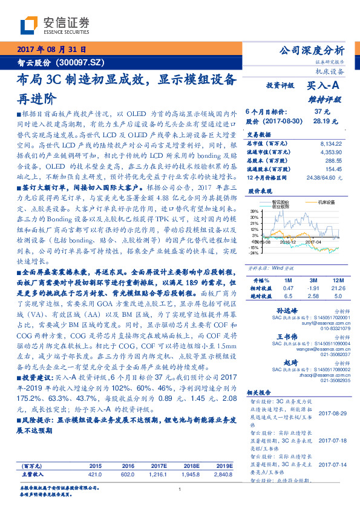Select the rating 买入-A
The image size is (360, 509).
click(x=323, y=86)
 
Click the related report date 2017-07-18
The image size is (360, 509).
click(x=332, y=440)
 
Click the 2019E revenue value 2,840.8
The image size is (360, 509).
click(x=224, y=475)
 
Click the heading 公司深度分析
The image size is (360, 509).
click(x=312, y=51)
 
